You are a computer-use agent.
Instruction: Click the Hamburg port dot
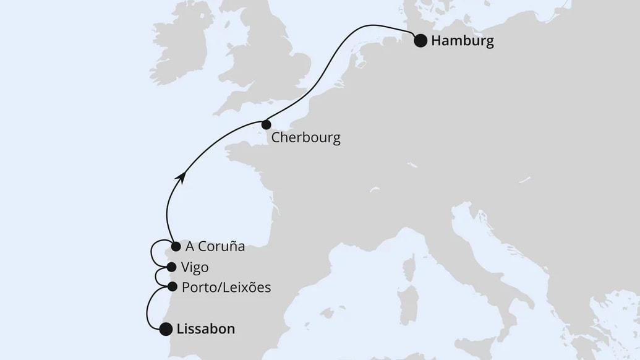420,41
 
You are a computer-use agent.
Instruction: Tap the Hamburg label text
463,41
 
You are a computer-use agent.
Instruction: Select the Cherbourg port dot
266,124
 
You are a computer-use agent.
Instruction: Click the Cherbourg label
306,137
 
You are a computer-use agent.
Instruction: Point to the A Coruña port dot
176,246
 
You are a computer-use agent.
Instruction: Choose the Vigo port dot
171,267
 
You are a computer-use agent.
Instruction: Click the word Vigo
195,267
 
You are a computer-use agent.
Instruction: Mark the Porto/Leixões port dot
173,287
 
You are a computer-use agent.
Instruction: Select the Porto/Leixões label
226,288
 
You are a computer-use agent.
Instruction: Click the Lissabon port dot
166,329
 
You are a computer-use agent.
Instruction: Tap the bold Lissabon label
206,329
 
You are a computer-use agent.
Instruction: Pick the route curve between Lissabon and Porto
148,309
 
